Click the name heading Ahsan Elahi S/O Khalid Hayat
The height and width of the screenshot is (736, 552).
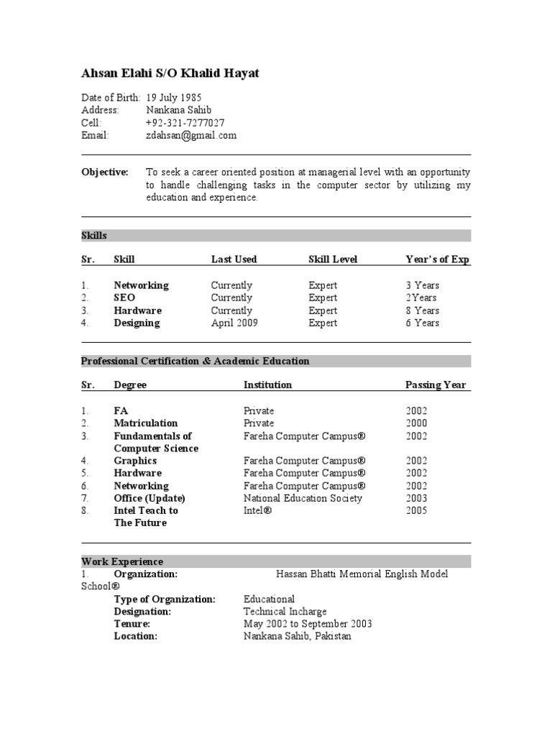coord(170,73)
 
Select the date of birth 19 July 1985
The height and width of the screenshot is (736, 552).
coord(174,98)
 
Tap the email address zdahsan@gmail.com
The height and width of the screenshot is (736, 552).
coord(191,135)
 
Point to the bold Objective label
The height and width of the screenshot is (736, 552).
coord(105,172)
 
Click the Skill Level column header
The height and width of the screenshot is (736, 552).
coord(333,259)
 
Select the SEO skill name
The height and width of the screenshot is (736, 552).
coord(124,298)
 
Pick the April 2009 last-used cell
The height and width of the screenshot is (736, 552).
coord(234,323)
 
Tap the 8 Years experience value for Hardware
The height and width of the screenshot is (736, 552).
coord(422,310)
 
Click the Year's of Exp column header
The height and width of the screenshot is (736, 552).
coord(437,259)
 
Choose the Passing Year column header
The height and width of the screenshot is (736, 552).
coord(436,385)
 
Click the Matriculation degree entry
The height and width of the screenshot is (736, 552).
coord(145,423)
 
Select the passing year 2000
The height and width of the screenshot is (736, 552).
coord(416,423)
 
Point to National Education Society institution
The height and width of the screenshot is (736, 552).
coord(303,498)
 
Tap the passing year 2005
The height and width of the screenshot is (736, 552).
coord(416,510)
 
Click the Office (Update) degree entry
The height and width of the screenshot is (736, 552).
coord(149,498)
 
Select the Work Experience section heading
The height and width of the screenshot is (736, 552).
coord(122,561)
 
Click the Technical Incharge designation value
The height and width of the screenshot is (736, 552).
coord(285,612)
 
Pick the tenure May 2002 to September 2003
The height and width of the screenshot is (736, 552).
coord(308,624)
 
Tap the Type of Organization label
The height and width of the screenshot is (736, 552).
coord(165,599)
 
